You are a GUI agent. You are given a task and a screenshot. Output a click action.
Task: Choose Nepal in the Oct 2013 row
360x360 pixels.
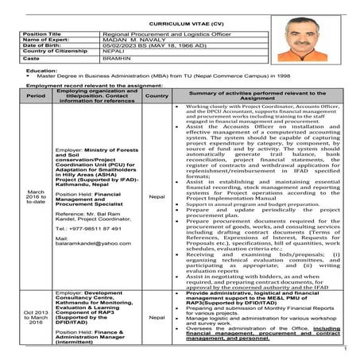coord(157,317)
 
